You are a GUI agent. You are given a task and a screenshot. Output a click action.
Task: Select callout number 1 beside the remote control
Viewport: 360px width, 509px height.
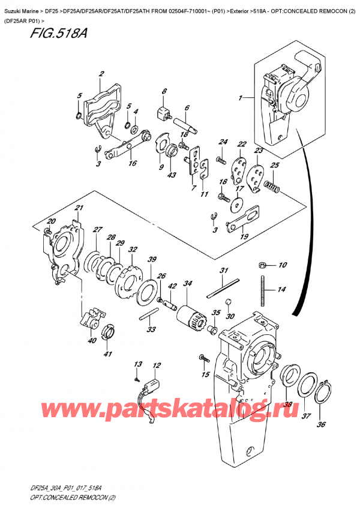(241, 98)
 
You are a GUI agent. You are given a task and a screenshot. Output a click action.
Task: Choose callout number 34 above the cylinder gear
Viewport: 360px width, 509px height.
(187, 283)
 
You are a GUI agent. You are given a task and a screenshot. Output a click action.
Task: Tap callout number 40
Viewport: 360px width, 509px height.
(91, 341)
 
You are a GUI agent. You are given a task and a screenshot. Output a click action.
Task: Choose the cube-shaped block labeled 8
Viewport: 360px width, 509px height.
(162, 112)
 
